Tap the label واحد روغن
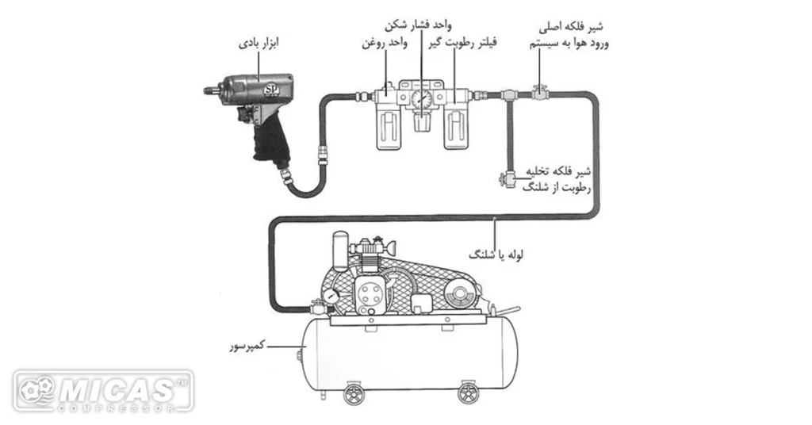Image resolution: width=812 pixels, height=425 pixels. [x=383, y=43]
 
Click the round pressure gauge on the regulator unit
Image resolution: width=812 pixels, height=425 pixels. [x=420, y=99]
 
